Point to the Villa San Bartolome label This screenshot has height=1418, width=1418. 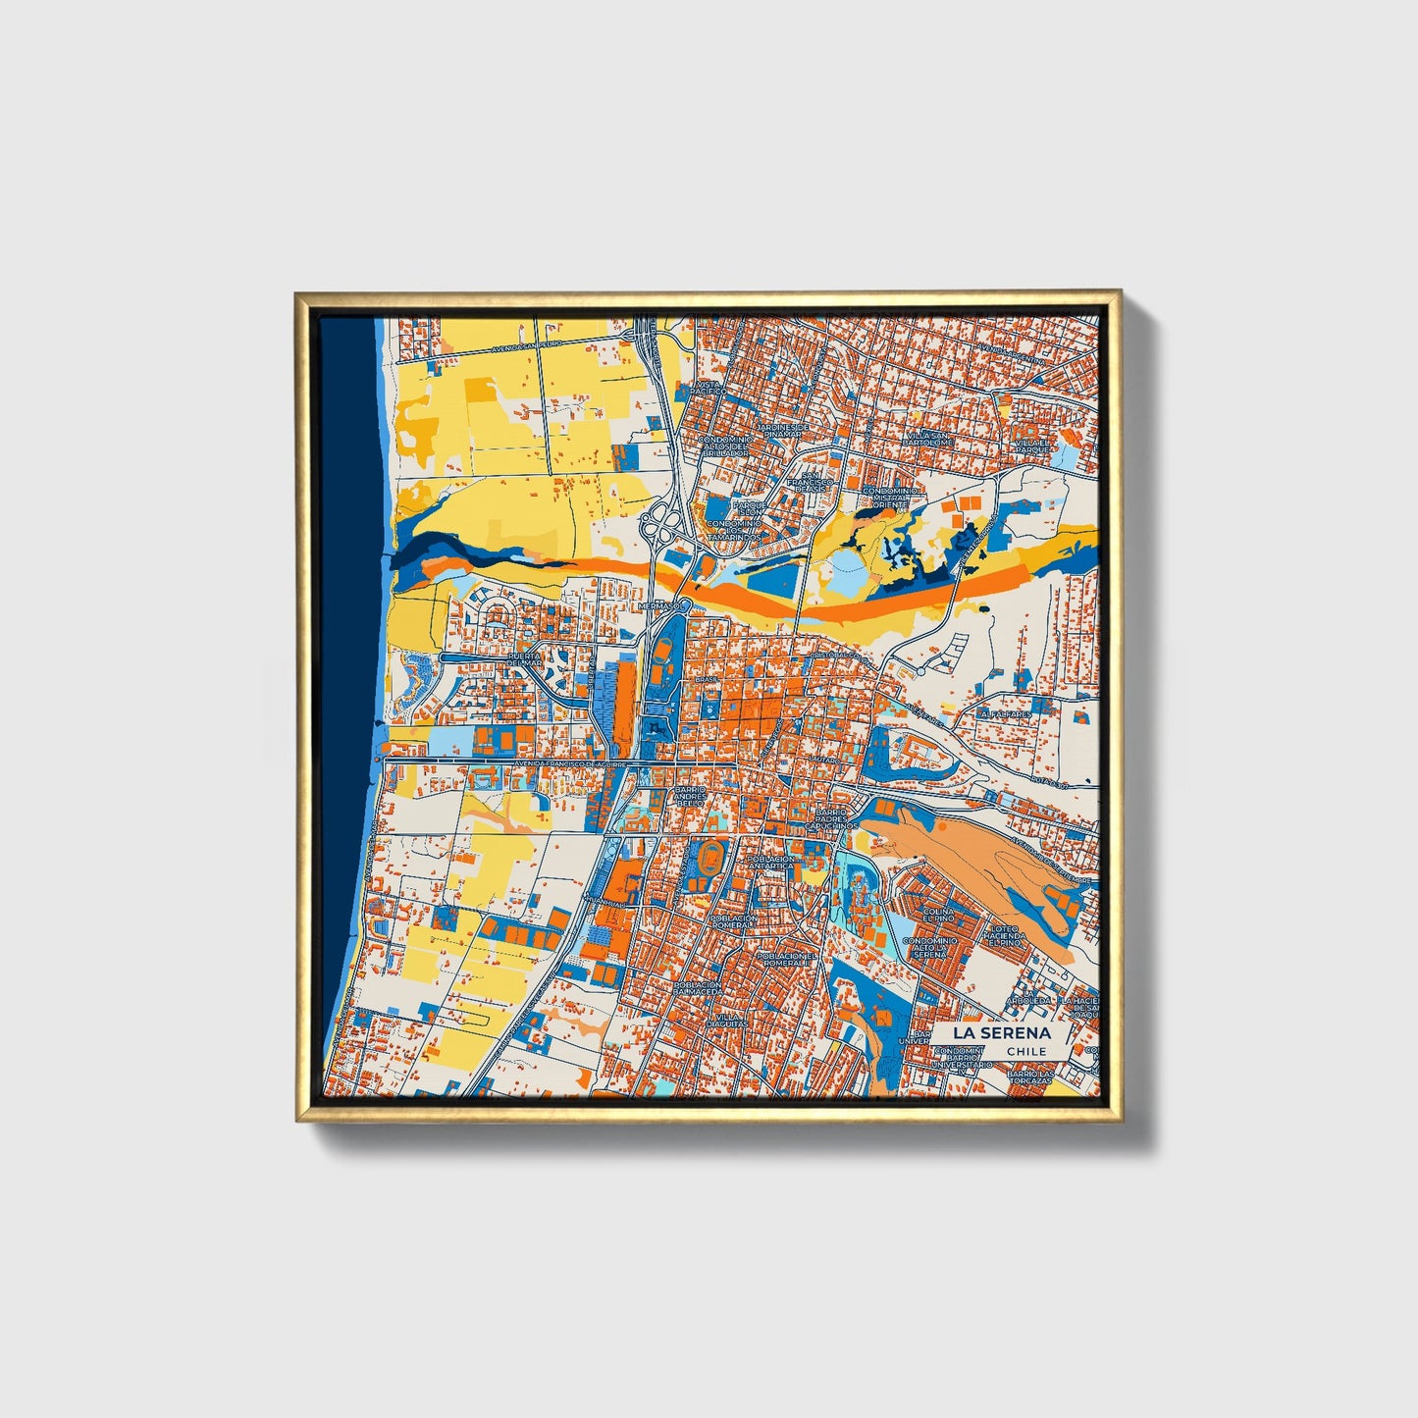[927, 439]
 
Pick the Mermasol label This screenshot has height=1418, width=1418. [658, 606]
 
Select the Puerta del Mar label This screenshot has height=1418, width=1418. [523, 661]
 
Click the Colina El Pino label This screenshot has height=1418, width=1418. [939, 916]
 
